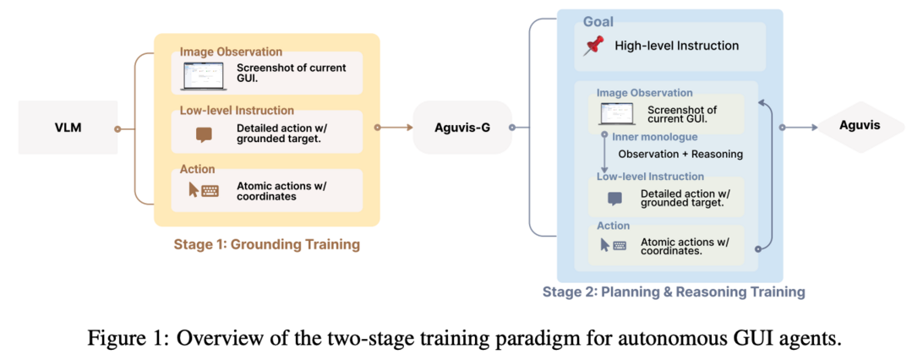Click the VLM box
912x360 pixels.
point(68,128)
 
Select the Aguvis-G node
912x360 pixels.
point(462,128)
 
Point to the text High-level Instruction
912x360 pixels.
point(676,46)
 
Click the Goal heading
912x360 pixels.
point(598,22)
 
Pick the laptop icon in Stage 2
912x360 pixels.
point(614,113)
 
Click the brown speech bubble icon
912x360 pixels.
point(204,135)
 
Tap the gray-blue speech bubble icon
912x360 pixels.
point(614,199)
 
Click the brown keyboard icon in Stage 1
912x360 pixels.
point(210,191)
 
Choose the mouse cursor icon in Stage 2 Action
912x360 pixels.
point(605,245)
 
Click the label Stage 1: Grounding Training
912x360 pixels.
point(266,243)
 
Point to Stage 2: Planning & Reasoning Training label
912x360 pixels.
point(674,292)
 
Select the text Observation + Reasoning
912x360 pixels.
point(680,154)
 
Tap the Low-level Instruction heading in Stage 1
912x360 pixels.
point(237,110)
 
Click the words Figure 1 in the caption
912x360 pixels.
point(115,339)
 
